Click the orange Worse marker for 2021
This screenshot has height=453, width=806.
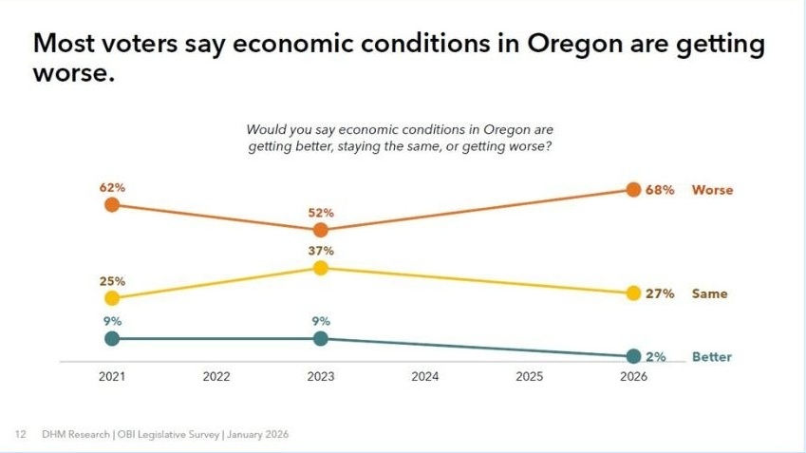point(112,204)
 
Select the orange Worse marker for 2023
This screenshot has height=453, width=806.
point(321,230)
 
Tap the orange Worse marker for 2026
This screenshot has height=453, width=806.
point(633,189)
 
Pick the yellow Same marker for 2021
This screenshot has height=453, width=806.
point(112,298)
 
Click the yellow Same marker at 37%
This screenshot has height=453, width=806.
point(321,268)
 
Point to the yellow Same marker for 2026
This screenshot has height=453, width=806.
point(633,293)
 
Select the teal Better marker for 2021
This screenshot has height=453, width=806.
point(112,338)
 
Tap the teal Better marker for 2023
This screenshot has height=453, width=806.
point(321,338)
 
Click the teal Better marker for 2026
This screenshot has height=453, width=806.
point(633,356)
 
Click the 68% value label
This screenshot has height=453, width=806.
point(660,190)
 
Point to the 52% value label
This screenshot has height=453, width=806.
point(321,213)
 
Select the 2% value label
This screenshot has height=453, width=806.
point(656,357)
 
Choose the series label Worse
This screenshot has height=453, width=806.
point(712,190)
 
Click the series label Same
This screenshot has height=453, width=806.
point(709,293)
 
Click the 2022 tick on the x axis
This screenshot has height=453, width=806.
point(216,377)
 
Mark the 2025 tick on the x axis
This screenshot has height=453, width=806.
point(529,377)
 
